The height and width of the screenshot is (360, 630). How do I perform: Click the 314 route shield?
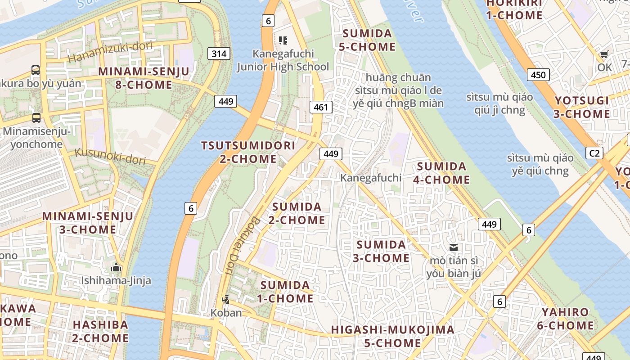pos(219,54)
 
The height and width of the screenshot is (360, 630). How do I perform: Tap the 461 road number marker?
pos(321,107)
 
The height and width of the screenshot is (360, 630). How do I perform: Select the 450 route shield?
pos(538,75)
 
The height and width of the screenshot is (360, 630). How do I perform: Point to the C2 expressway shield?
pos(594,153)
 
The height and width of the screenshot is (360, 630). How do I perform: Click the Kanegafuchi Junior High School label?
pos(283,60)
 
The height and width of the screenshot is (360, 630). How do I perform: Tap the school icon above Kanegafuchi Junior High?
pos(283,40)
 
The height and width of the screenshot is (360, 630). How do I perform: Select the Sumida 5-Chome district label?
pos(369,40)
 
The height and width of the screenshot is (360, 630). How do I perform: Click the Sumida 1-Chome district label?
pos(285,292)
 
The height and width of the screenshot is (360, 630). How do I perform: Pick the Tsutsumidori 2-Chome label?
pos(248,152)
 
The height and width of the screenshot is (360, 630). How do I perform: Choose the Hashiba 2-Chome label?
pos(100,331)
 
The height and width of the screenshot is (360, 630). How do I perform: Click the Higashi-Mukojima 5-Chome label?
pos(392,336)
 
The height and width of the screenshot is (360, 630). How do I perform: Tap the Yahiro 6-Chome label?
pos(567,319)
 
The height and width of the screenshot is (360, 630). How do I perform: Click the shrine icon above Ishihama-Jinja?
pos(116,267)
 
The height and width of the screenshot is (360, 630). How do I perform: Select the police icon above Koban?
pos(226,299)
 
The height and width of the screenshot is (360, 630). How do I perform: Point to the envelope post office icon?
pos(453,247)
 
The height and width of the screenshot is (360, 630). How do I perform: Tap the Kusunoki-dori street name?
pos(110,156)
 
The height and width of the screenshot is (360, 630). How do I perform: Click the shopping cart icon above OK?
pos(604,54)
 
